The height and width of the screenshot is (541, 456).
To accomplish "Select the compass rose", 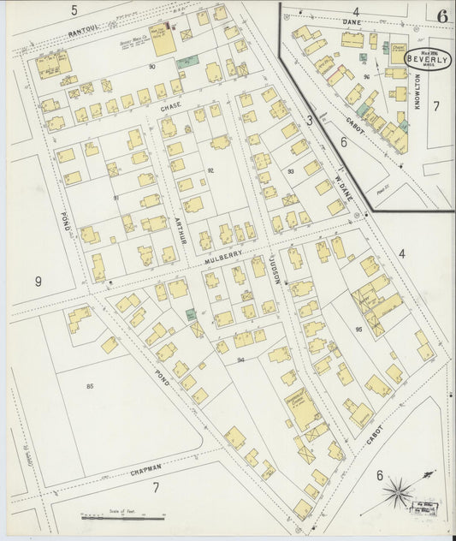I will tap(397, 491).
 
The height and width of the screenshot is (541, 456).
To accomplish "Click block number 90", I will tap(151, 66).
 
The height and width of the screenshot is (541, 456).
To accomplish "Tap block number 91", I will tap(116, 198).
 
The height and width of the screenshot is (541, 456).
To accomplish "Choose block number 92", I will tap(210, 170).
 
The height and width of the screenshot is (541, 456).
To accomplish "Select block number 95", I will tap(359, 329).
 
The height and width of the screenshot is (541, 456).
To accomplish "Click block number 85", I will tap(89, 387).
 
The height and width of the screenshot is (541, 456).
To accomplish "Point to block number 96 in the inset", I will tap(365, 76).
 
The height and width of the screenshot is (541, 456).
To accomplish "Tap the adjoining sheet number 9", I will tap(38, 280).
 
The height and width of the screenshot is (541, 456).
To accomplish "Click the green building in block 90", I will tap(187, 62).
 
